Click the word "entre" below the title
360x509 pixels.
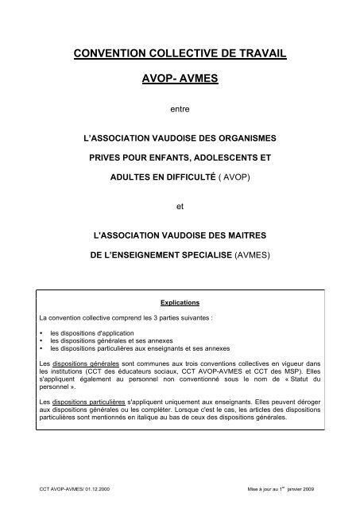(180, 109)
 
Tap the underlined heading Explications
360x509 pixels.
(180, 303)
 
